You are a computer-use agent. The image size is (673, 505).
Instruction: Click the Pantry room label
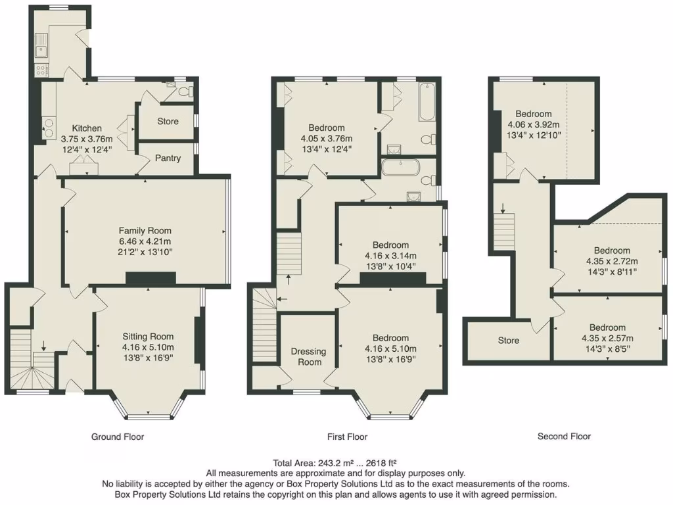[x=168, y=158]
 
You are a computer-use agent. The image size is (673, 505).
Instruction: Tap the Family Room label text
[x=145, y=231]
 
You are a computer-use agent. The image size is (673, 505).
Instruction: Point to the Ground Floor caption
[x=117, y=437]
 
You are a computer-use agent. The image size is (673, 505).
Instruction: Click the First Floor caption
[x=347, y=437]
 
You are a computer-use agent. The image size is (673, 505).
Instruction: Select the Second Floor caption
[x=564, y=437]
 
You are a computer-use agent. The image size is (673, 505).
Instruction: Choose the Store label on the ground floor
[x=168, y=122]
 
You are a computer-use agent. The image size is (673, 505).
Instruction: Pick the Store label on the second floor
[x=508, y=341]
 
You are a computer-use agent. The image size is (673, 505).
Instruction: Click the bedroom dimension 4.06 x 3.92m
[x=533, y=125]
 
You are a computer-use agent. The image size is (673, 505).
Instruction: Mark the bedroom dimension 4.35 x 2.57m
[x=607, y=339]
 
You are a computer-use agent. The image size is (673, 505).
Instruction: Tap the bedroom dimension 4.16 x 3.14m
[x=390, y=256]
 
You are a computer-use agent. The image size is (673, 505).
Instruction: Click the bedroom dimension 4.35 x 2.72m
[x=612, y=262]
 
